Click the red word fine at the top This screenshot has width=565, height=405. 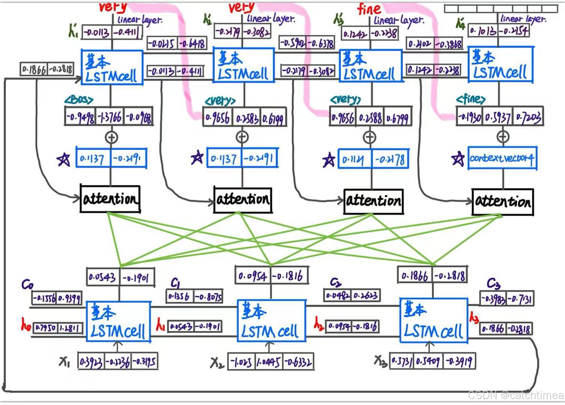[x=369, y=8]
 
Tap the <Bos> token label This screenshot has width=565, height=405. [x=79, y=100]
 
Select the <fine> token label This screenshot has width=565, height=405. [x=471, y=99]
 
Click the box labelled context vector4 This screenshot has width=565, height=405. [x=502, y=158]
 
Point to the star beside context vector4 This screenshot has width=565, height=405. [x=458, y=159]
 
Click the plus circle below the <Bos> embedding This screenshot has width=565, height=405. [x=111, y=137]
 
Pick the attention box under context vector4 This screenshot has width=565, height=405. [x=503, y=202]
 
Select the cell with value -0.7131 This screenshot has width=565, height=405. [x=520, y=299]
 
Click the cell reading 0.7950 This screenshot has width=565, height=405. [x=45, y=328]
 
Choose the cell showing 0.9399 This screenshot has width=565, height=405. [x=69, y=298]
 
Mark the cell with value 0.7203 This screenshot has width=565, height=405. [x=528, y=117]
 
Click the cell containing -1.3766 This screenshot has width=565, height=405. [x=110, y=117]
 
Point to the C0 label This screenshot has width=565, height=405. [x=27, y=285]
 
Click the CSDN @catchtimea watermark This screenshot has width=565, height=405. [x=515, y=395]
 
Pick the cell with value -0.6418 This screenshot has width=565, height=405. [x=192, y=44]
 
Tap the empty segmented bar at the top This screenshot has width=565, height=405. [x=501, y=9]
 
